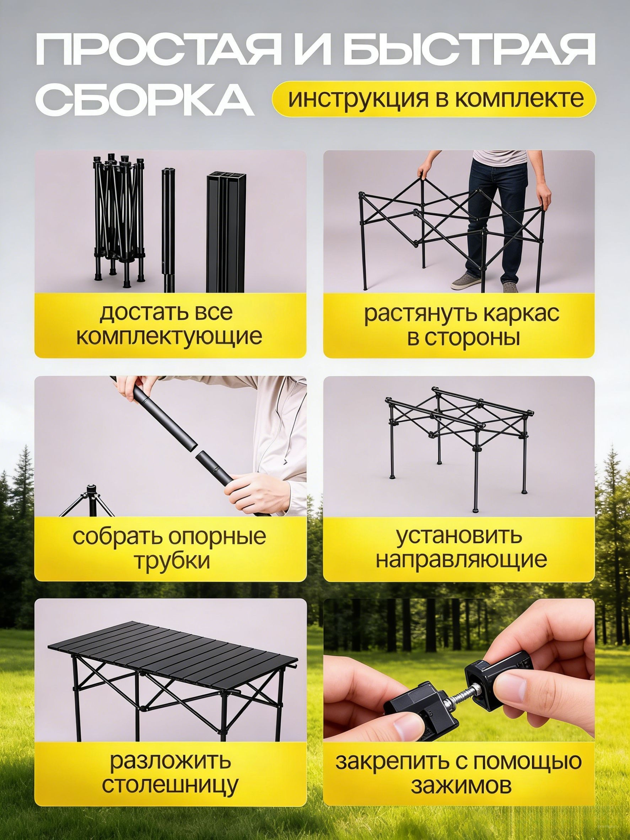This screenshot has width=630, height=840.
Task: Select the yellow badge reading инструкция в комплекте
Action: point(434,99)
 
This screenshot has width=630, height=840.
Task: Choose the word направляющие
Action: point(461,560)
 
